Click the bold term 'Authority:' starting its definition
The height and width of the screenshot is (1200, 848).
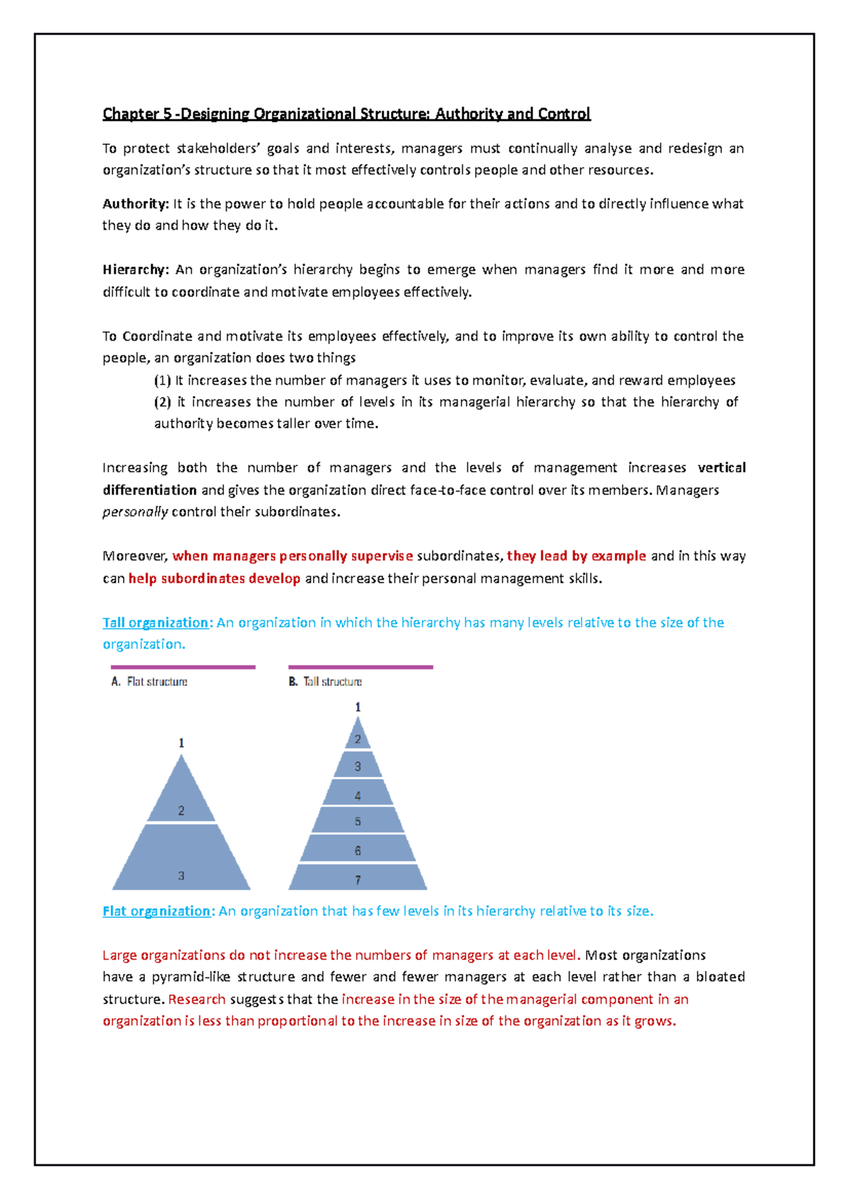[x=136, y=204]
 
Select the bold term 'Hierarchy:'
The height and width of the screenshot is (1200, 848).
[x=136, y=270]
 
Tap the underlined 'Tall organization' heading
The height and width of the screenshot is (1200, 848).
[x=155, y=623]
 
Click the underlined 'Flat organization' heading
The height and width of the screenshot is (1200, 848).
[x=156, y=911]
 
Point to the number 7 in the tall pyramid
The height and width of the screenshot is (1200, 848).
[x=358, y=880]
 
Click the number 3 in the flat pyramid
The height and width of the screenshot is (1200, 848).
[x=181, y=876]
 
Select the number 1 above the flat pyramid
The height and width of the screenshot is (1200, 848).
[x=181, y=743]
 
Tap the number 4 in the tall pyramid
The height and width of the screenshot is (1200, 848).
[x=358, y=796]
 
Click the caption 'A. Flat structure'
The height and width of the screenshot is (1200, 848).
[x=149, y=682]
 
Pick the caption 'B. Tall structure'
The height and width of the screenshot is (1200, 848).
[x=325, y=682]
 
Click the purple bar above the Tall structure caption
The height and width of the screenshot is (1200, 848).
[x=360, y=666]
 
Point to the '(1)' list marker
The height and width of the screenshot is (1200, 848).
[x=163, y=381]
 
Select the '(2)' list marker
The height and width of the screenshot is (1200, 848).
[x=163, y=402]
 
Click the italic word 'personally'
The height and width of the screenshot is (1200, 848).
[x=135, y=512]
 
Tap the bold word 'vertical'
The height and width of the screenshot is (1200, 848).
[x=722, y=468]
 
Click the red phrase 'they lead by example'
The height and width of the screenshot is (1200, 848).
[x=576, y=556]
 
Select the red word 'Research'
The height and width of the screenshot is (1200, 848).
[x=196, y=999]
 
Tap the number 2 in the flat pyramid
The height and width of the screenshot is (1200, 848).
[x=181, y=811]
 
